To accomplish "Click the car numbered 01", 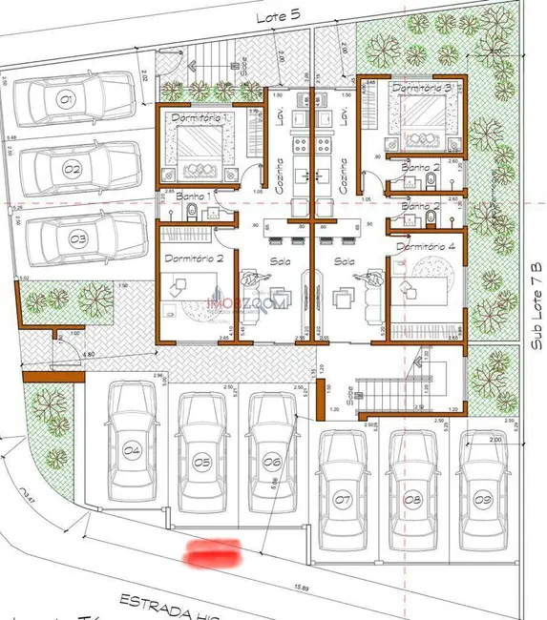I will [75, 98].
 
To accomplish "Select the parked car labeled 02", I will [81, 170].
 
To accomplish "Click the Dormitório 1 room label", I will [200, 116].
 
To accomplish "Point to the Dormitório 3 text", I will [421, 88].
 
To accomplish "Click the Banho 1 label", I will [194, 196].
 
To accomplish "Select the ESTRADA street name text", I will [153, 602].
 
